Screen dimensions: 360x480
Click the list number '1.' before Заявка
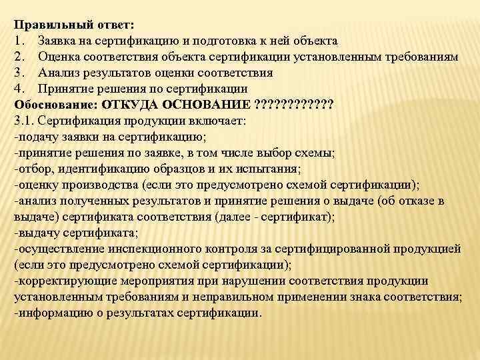pyautogui.click(x=19, y=41)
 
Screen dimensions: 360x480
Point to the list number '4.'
pyautogui.click(x=19, y=89)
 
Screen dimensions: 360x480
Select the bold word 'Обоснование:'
pyautogui.click(x=53, y=105)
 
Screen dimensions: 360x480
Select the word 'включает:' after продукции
pyautogui.click(x=221, y=121)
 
